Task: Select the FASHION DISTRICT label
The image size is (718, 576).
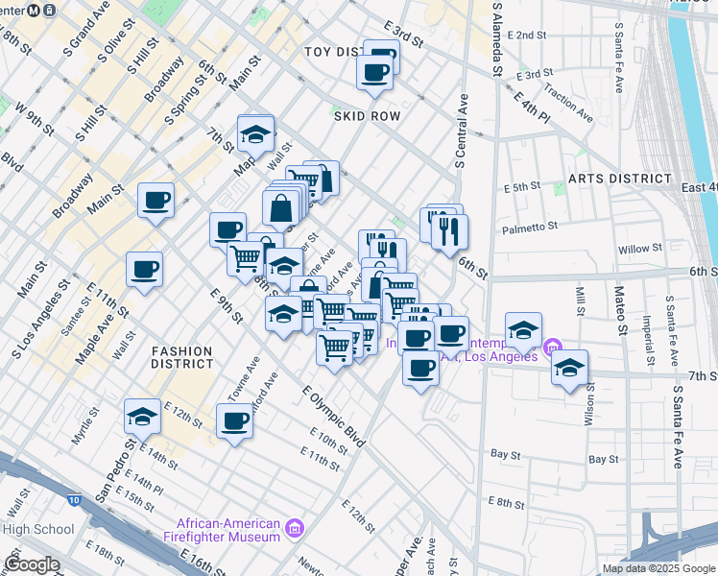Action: (x=181, y=357)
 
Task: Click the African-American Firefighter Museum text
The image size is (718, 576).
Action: (x=227, y=530)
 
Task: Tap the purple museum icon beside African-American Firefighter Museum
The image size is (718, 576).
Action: (x=295, y=528)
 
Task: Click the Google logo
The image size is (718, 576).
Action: (x=32, y=564)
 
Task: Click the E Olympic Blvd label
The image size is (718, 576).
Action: (x=334, y=417)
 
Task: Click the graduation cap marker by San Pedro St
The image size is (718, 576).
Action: (x=142, y=416)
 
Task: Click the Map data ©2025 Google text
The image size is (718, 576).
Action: (x=657, y=567)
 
